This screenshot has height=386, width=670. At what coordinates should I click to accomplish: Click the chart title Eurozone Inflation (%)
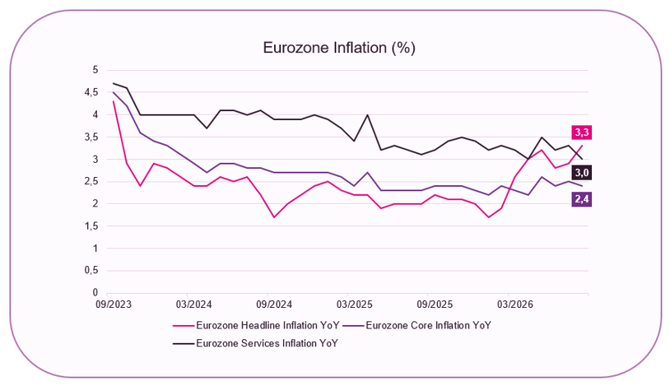[x=339, y=48]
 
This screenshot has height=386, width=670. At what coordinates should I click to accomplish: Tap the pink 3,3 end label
[x=582, y=133]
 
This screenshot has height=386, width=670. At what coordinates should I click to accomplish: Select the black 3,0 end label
[x=582, y=173]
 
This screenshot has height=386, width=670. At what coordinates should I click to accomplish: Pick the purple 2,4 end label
[x=582, y=199]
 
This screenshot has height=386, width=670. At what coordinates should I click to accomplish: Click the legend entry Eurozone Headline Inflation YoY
[x=256, y=326]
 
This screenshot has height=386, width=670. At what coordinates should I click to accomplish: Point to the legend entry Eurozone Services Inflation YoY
[x=255, y=343]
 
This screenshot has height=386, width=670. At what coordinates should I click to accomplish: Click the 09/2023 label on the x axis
[x=114, y=305]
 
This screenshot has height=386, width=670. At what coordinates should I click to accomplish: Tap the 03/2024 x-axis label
[x=193, y=305]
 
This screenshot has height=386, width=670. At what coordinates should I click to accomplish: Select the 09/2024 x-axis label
[x=274, y=305]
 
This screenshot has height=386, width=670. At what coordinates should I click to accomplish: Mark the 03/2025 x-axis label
[x=354, y=305]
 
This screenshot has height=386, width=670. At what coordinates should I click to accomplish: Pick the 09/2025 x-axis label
[x=435, y=305]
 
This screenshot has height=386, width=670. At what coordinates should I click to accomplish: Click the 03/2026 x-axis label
[x=515, y=305]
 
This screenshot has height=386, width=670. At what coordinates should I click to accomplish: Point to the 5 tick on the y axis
[x=95, y=70]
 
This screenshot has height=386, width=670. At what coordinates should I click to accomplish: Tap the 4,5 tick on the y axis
[x=91, y=92]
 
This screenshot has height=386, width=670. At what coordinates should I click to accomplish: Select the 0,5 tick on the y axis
[x=91, y=271]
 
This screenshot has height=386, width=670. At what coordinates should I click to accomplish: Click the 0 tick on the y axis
[x=95, y=293]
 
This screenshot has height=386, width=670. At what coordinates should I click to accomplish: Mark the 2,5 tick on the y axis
[x=91, y=181]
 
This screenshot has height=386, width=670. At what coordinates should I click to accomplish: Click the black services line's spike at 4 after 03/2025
[x=367, y=115]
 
